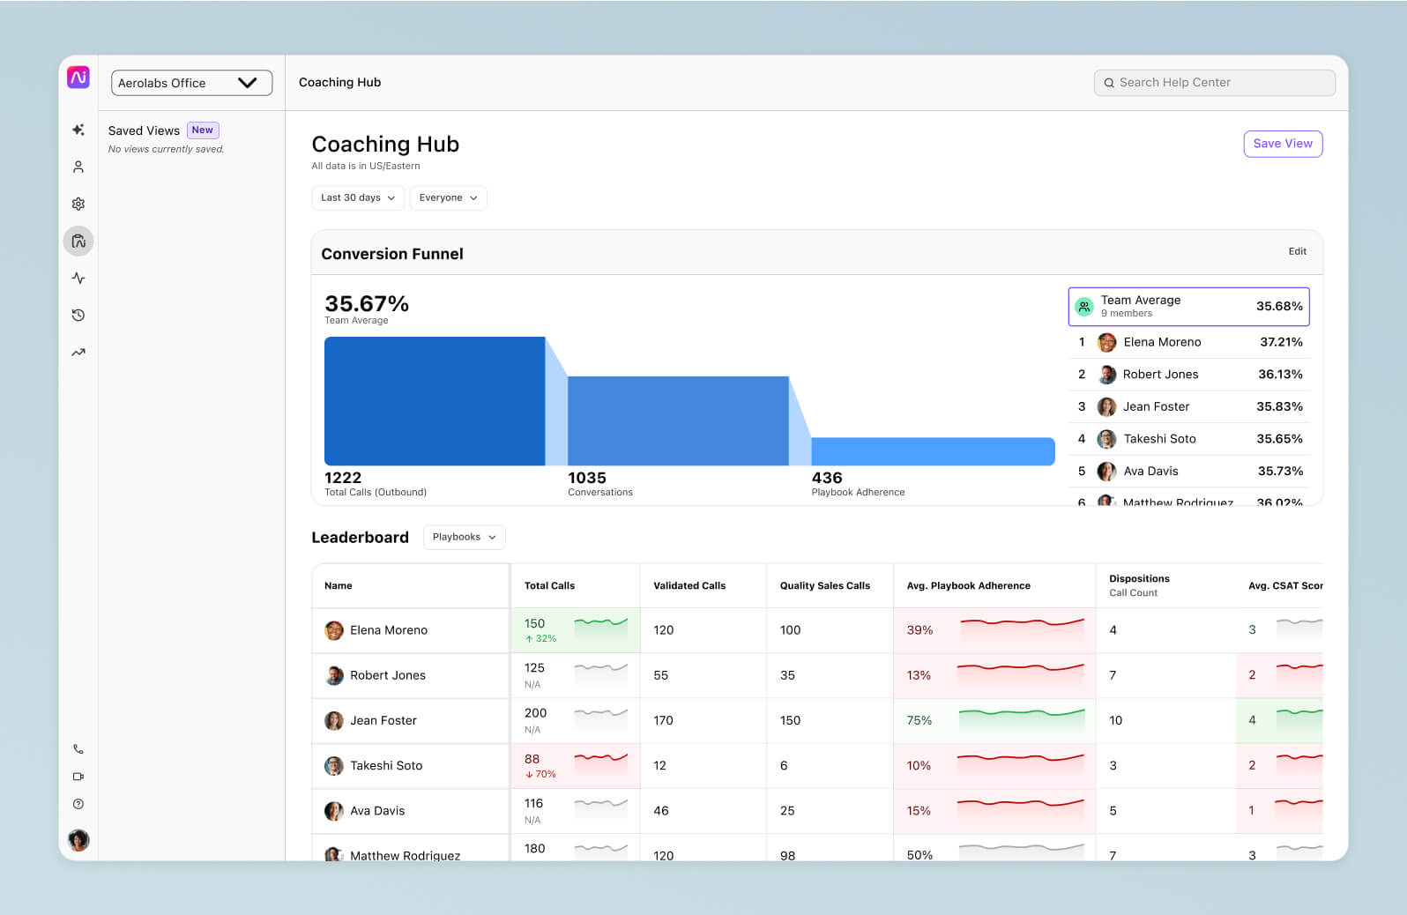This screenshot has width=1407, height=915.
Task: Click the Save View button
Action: (x=1282, y=144)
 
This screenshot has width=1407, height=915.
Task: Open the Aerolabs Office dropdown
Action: (x=191, y=83)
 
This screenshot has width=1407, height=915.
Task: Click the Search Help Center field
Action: (x=1214, y=83)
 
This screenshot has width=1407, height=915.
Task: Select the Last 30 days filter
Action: (x=357, y=198)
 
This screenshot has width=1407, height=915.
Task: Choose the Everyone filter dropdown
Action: (x=448, y=198)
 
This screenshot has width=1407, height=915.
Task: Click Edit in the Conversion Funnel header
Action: (x=1297, y=251)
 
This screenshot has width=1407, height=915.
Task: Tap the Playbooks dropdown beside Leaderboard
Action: (x=464, y=537)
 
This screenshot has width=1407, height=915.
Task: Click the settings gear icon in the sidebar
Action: (x=78, y=204)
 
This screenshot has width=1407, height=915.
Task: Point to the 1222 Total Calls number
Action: (x=343, y=478)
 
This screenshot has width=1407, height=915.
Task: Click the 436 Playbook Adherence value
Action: (x=827, y=478)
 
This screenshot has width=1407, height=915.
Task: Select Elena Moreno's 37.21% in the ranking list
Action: (x=1280, y=342)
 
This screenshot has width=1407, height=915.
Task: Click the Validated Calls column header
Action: (x=689, y=585)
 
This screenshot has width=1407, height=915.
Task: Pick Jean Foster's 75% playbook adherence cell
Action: (x=919, y=720)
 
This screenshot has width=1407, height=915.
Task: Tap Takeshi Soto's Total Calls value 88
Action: (x=532, y=759)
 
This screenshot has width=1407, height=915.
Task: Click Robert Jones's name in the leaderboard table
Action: (x=387, y=675)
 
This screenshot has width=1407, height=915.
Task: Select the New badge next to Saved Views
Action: (x=203, y=130)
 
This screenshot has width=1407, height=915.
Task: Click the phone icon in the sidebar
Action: (x=78, y=749)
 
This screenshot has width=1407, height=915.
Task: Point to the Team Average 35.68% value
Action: (x=1278, y=306)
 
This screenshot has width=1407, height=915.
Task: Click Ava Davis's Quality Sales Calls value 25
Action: (x=787, y=811)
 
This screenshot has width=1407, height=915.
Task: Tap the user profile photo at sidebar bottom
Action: (x=78, y=840)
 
